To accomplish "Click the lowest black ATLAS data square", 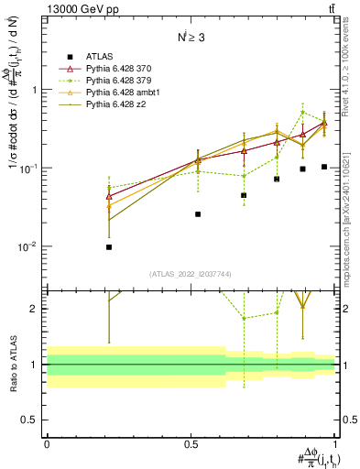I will coord(109,246).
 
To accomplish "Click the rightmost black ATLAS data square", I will coord(324,167).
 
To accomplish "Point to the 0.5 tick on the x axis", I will coord(191,442).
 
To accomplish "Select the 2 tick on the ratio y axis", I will coord(36,309).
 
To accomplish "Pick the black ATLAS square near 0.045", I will coord(244,195).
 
